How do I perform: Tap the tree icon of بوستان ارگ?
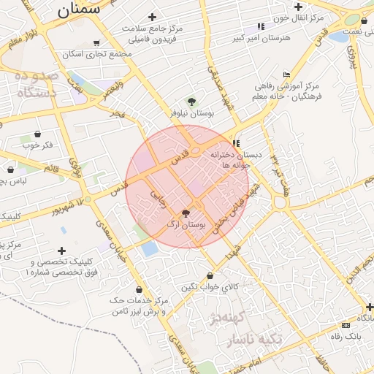click(186, 213)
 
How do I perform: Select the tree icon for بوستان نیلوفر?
click(192, 102)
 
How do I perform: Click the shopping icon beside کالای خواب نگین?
click(211, 276)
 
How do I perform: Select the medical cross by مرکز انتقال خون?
click(298, 7)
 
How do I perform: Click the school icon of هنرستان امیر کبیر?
click(262, 27)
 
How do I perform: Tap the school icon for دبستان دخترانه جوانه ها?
click(236, 143)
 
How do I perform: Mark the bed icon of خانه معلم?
click(286, 75)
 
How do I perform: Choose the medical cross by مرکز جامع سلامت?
click(152, 17)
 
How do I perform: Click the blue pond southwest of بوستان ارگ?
click(150, 248)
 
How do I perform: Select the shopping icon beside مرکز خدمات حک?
click(138, 289)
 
